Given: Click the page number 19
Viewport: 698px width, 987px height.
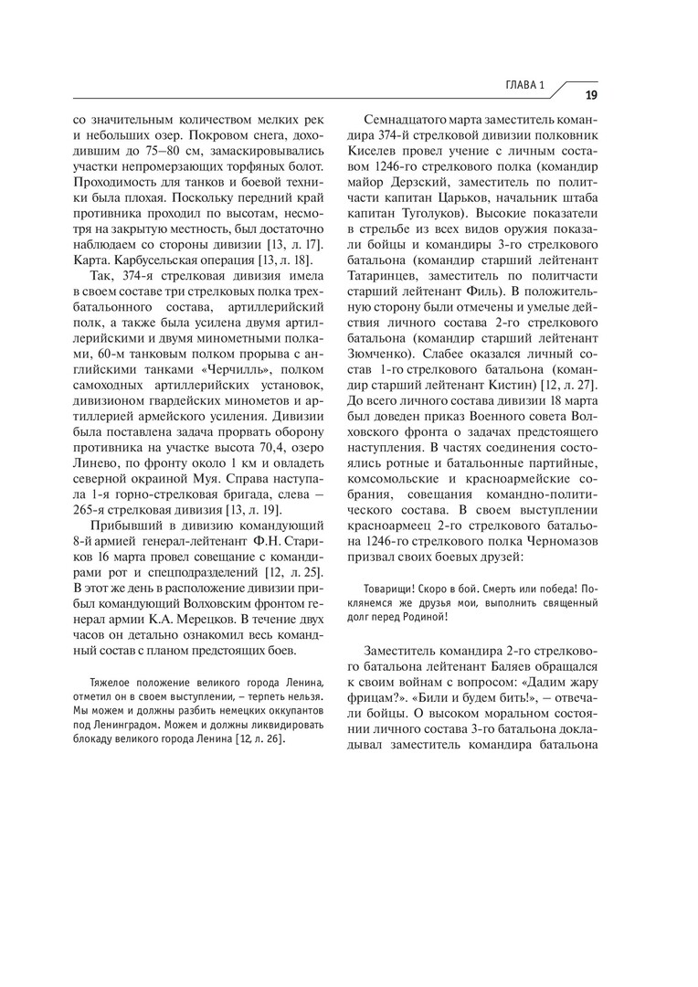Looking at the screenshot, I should (x=591, y=94).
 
